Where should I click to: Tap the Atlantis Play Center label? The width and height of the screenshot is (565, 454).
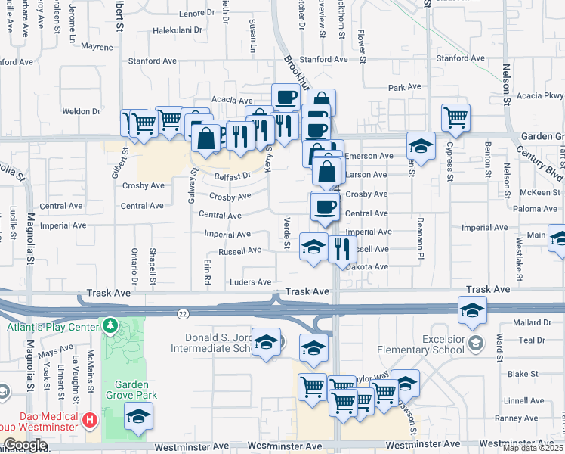click(52, 327)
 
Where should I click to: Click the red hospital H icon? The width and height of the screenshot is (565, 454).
click(90, 419)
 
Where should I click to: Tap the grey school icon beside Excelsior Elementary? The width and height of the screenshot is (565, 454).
click(476, 344)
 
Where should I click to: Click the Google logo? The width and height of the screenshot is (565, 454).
click(25, 444)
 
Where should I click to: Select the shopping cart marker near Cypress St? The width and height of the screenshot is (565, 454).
click(455, 117)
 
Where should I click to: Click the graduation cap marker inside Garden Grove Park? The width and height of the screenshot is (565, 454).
click(138, 416)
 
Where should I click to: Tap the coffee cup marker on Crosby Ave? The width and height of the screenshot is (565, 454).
click(326, 206)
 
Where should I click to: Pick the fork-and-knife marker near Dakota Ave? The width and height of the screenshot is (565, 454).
click(342, 249)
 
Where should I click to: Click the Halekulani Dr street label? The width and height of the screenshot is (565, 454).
click(178, 31)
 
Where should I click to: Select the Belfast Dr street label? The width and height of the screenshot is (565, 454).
click(232, 176)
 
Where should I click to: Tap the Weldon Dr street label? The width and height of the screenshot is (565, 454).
click(82, 111)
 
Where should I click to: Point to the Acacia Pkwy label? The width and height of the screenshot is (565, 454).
click(543, 95)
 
